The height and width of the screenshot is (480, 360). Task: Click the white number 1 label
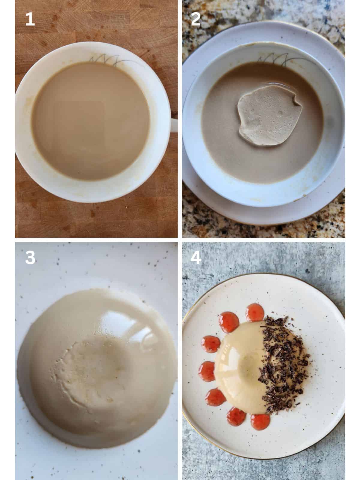30,20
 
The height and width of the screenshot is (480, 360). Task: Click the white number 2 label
196,20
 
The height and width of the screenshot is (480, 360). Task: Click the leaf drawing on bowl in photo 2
274,59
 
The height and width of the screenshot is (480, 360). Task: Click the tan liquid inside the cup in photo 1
90,120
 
